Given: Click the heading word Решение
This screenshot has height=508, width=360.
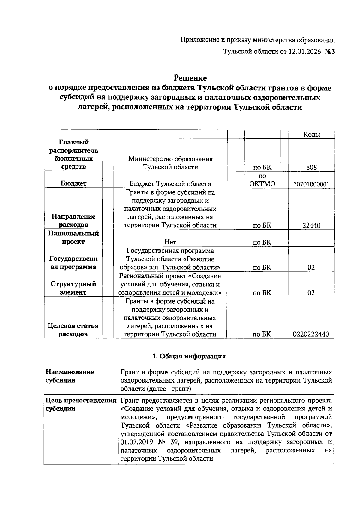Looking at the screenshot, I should coord(190,78).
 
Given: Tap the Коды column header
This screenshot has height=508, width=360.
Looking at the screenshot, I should coord(311,135).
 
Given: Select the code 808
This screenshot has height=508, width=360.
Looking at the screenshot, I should coord(311,167).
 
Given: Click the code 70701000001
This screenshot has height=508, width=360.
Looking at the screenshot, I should coord(311,184).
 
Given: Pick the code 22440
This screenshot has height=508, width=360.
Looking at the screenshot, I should coord(311,225).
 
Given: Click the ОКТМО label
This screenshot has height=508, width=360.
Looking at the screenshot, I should coord(262,184).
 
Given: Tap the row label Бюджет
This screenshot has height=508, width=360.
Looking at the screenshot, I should coord(73,184).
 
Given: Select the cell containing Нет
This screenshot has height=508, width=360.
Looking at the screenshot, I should coord(170,242).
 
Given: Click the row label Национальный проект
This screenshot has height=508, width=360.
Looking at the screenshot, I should coord(73,238).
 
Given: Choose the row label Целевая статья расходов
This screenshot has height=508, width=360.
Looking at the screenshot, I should coord(73,330).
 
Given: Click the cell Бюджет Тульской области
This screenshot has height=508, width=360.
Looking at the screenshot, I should coord(170,184).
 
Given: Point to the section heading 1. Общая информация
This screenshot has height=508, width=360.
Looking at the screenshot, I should coord(189,356).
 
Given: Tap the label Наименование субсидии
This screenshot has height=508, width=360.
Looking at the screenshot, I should coord(70,376).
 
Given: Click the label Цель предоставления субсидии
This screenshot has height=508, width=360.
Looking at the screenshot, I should coord(81,405).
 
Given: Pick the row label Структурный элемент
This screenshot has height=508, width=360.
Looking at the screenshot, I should coord(73,288).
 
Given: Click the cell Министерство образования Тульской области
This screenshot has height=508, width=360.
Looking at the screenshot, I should coord(170,163).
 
